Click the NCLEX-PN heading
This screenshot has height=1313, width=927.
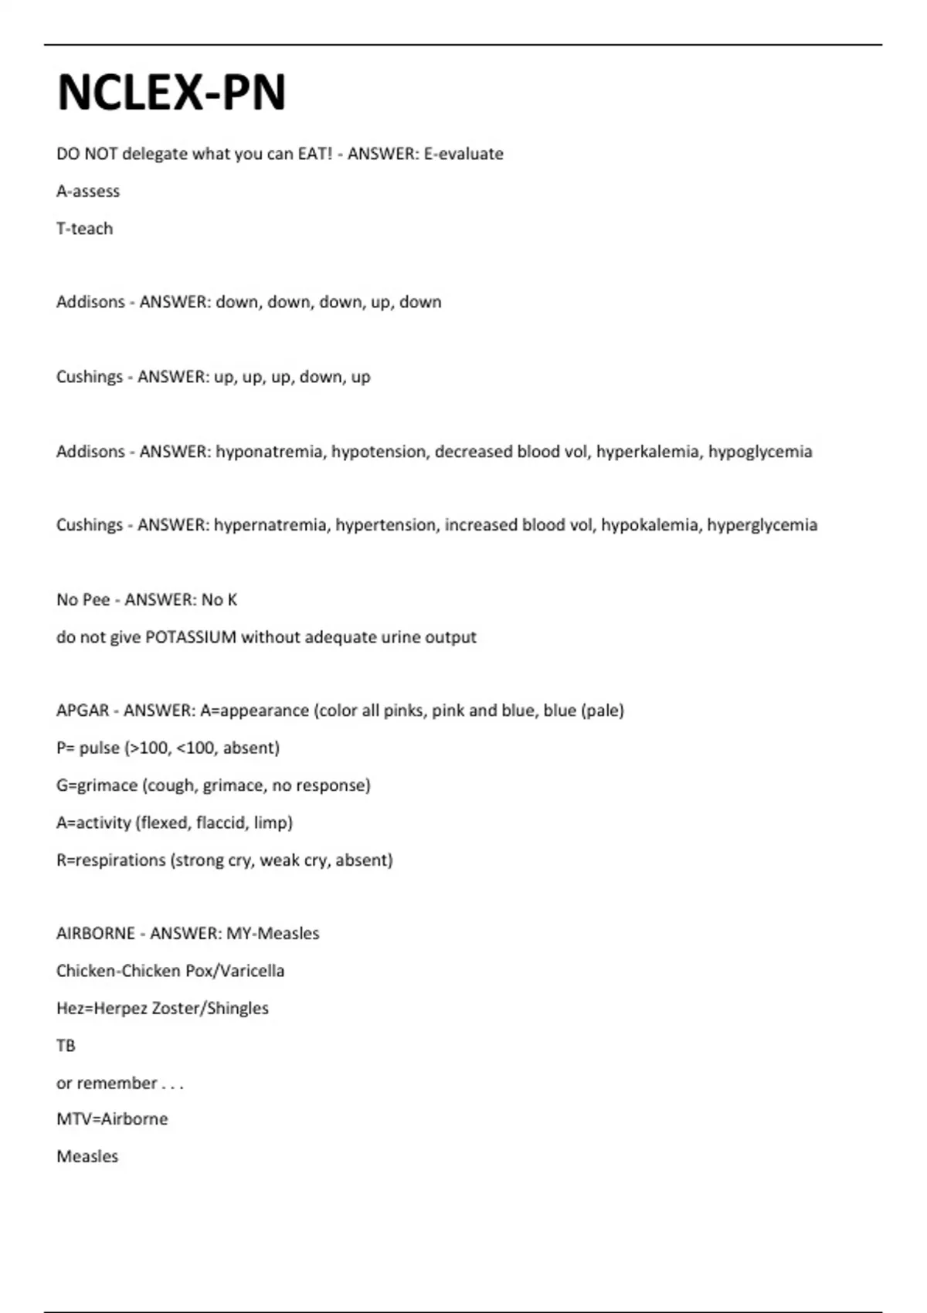pyautogui.click(x=171, y=93)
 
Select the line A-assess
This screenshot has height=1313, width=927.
pyautogui.click(x=88, y=191)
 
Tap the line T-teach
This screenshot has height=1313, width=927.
pyautogui.click(x=85, y=229)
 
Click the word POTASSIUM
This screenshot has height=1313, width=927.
pyautogui.click(x=191, y=637)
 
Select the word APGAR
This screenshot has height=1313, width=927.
pyautogui.click(x=83, y=711)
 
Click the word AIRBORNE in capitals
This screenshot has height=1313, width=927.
pyautogui.click(x=96, y=934)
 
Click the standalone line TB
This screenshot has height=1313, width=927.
pyautogui.click(x=66, y=1046)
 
